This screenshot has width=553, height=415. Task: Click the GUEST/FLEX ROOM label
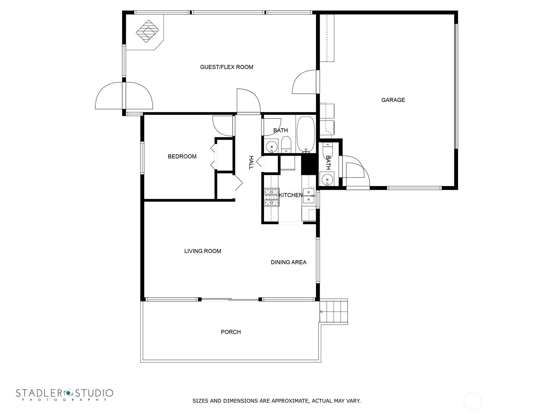(x=226, y=67)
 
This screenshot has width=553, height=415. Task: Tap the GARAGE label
(x=393, y=100)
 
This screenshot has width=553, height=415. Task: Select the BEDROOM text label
(x=182, y=156)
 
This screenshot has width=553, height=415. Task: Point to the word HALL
(x=251, y=163)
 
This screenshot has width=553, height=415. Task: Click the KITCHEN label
(x=291, y=195)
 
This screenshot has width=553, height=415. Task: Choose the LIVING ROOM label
(x=203, y=251)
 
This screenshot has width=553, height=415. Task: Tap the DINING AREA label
(x=289, y=262)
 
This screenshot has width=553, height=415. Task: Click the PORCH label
(x=231, y=332)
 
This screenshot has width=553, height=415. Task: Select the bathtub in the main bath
(x=306, y=134)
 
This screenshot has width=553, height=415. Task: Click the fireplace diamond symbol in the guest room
(x=147, y=31)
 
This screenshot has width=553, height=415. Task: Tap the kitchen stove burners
(x=272, y=197)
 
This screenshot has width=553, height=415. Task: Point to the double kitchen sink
(x=309, y=196)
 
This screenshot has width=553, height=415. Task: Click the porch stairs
(x=334, y=312)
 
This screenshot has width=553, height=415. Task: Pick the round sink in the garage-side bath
(x=327, y=179)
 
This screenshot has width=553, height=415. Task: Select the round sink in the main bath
(x=271, y=146)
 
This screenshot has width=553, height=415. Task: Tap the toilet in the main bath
(x=286, y=145)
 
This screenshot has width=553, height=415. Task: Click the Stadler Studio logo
(x=65, y=394)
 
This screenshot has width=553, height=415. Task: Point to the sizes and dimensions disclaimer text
(x=276, y=400)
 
